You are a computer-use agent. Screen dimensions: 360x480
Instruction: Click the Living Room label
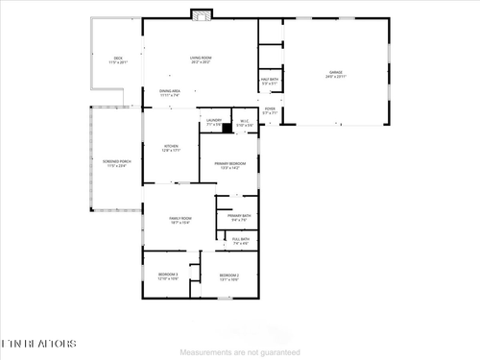point(200,60)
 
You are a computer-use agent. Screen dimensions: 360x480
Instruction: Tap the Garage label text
point(336,74)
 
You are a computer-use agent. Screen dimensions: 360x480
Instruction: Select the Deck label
point(118,60)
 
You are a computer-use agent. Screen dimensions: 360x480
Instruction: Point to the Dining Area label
point(170,93)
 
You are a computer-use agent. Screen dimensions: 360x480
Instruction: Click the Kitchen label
point(171,149)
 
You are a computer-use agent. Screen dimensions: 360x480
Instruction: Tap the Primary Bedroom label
point(229,165)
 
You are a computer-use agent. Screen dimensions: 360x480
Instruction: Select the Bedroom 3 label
point(169,276)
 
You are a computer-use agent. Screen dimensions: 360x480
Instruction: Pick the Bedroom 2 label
point(228,276)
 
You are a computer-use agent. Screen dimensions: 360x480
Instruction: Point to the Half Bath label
point(270,82)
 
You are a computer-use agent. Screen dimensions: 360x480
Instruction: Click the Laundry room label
point(213,122)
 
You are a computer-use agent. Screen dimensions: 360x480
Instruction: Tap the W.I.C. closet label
point(245,123)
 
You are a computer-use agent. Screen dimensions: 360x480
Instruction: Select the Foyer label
point(270,110)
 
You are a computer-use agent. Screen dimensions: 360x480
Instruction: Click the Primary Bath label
point(239,217)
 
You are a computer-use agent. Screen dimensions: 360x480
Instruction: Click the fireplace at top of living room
point(201,14)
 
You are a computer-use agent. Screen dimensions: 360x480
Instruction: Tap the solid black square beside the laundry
point(228,126)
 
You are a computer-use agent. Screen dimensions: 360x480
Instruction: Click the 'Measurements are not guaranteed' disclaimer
point(240,352)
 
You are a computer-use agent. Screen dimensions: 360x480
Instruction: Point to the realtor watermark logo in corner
point(36,342)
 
